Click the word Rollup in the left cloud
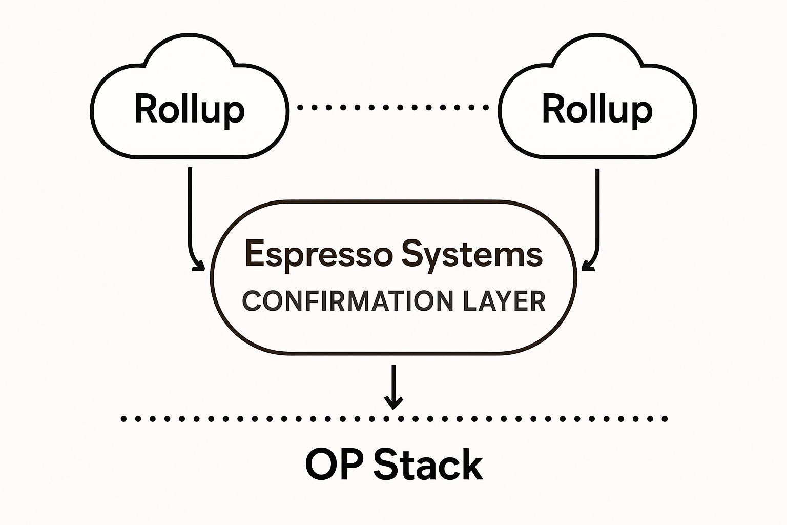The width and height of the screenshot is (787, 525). click(x=189, y=109)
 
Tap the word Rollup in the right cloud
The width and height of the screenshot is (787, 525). click(x=597, y=109)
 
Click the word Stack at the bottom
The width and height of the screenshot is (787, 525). click(x=428, y=465)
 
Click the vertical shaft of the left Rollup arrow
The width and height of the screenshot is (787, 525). click(x=190, y=205)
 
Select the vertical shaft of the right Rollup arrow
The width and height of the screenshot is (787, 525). click(x=597, y=205)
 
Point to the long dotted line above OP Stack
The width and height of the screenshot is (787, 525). click(x=256, y=419)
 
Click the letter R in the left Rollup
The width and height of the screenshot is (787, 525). click(x=146, y=109)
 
